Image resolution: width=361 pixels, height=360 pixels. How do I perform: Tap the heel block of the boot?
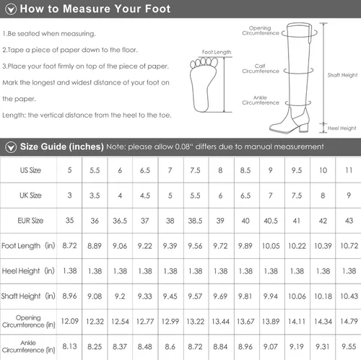304,126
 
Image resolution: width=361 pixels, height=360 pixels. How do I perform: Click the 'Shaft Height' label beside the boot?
342,75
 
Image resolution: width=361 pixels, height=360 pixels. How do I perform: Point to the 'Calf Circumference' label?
261,69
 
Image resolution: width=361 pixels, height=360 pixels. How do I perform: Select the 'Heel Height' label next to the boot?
342,128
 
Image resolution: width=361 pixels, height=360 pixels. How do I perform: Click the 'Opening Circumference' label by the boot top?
261,30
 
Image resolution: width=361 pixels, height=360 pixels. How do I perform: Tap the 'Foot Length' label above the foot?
217,52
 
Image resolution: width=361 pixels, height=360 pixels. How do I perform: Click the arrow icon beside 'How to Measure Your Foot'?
11,9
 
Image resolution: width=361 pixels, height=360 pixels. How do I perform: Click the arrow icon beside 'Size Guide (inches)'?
11,147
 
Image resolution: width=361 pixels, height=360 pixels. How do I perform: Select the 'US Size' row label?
30,170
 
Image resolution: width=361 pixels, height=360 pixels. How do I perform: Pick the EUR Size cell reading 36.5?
120,221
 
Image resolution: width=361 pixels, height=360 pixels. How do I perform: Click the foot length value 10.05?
271,246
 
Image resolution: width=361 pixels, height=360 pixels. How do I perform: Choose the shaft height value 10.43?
349,296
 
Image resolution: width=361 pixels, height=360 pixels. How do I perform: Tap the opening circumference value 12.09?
69,321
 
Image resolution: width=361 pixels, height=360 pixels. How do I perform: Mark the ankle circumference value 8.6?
170,346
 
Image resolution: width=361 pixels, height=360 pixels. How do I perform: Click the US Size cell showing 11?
349,170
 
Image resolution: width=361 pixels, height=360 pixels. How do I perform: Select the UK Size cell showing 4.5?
145,196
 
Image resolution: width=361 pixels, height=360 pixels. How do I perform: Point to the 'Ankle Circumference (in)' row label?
28,346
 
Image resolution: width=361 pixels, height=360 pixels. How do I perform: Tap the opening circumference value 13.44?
220,321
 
